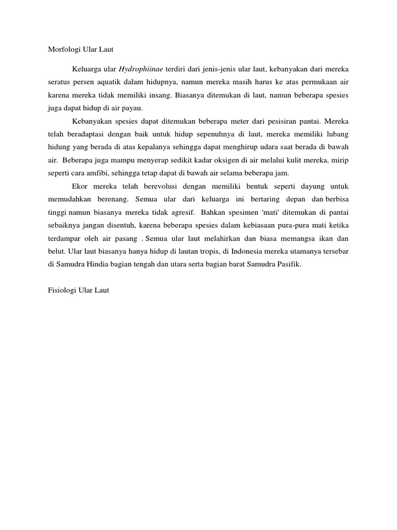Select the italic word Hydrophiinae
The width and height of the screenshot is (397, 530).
(x=141, y=68)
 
